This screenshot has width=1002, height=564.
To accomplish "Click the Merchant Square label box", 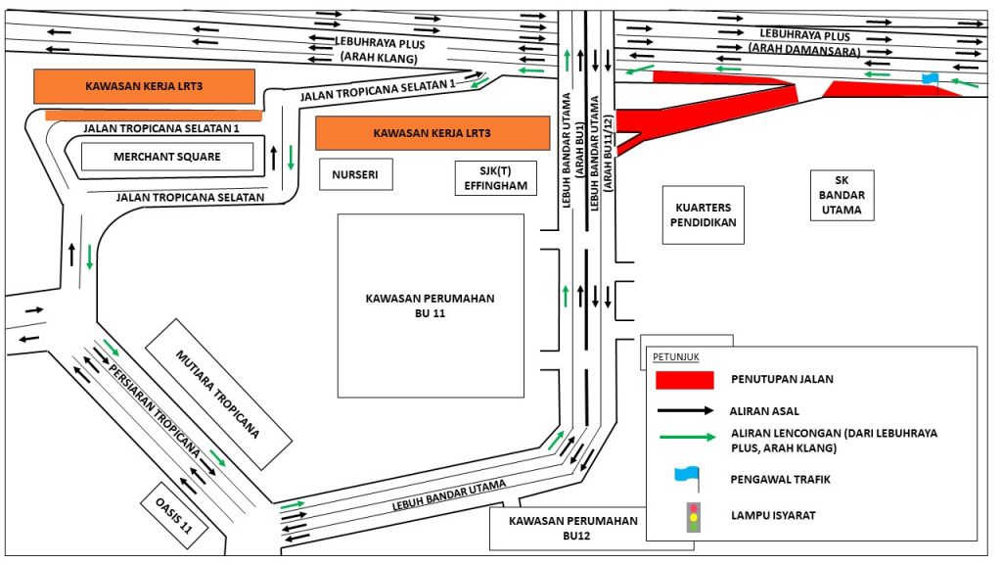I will pyautogui.click(x=166, y=157).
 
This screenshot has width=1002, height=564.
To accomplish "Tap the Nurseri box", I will pyautogui.click(x=355, y=175).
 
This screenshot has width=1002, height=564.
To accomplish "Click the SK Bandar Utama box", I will pyautogui.click(x=843, y=196).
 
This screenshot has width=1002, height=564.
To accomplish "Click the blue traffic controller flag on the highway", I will pyautogui.click(x=930, y=77).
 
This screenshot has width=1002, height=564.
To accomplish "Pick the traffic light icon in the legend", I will pyautogui.click(x=694, y=516).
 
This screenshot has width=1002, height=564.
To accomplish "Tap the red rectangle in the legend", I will pyautogui.click(x=682, y=379).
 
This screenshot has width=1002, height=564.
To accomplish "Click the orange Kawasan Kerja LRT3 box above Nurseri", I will pyautogui.click(x=432, y=133).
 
